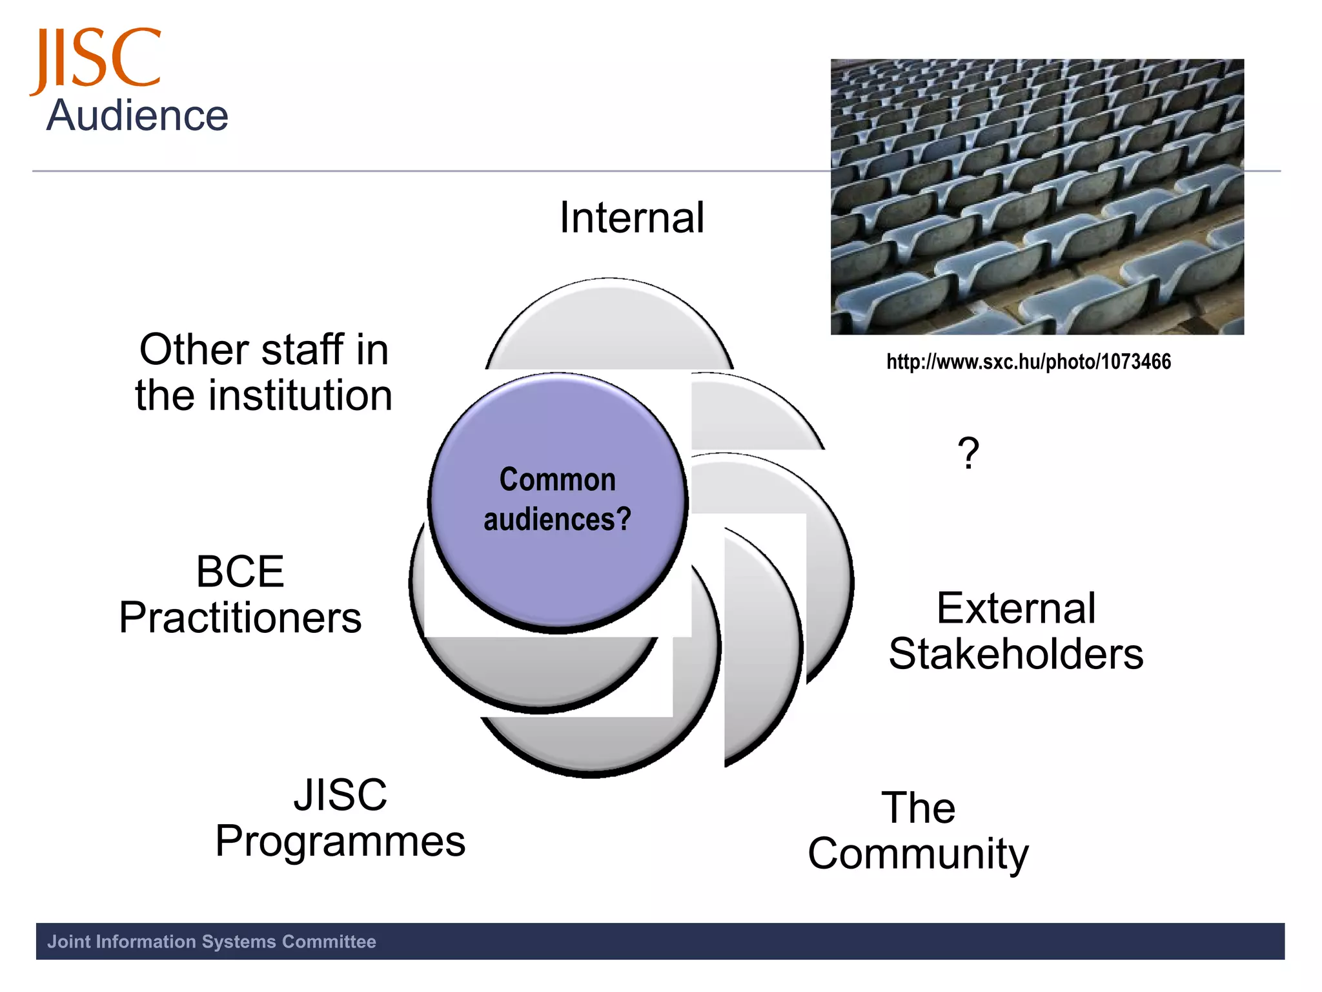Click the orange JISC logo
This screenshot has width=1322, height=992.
(x=96, y=59)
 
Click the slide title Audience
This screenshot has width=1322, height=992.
(x=137, y=116)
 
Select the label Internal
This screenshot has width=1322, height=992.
(x=631, y=218)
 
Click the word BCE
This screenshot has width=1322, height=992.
(x=240, y=572)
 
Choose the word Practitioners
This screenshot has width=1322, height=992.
(x=240, y=618)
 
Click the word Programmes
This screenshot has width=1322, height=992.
(x=340, y=842)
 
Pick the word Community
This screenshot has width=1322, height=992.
(x=918, y=854)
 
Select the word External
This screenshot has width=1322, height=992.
(x=1016, y=608)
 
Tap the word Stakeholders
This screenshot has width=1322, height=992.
(x=1016, y=654)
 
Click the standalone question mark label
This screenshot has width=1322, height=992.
(x=968, y=453)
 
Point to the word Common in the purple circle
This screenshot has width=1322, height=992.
(x=557, y=480)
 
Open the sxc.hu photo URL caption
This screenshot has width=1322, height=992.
(x=1028, y=362)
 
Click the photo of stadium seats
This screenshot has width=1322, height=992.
(x=1037, y=197)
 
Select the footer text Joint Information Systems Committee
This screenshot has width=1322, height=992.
(x=212, y=942)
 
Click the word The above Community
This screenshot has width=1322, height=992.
(x=918, y=808)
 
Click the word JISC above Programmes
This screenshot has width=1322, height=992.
(x=340, y=795)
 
